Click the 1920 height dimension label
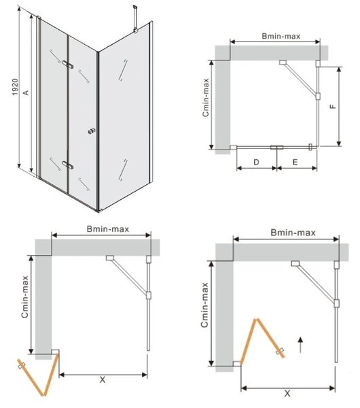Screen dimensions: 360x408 15,87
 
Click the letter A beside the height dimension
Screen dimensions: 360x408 26,92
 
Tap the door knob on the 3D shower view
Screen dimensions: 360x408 92,131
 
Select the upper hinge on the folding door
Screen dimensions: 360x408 68,65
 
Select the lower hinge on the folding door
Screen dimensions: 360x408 68,165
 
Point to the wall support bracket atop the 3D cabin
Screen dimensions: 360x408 135,19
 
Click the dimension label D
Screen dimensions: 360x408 256,162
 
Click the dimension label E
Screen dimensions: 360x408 295,162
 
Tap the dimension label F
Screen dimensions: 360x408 333,107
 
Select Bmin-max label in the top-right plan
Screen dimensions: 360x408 281,36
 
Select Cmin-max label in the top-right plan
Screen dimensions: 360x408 206,97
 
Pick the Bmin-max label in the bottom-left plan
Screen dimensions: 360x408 108,229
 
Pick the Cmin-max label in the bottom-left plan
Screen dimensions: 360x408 25,297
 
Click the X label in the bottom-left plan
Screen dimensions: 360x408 103,379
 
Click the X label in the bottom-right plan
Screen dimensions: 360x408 287,393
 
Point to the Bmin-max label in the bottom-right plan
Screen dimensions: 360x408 293,233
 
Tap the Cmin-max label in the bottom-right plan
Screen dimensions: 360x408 205,305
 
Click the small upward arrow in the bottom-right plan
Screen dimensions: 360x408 300,345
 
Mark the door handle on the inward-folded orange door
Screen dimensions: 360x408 280,351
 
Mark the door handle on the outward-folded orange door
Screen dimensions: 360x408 22,365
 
